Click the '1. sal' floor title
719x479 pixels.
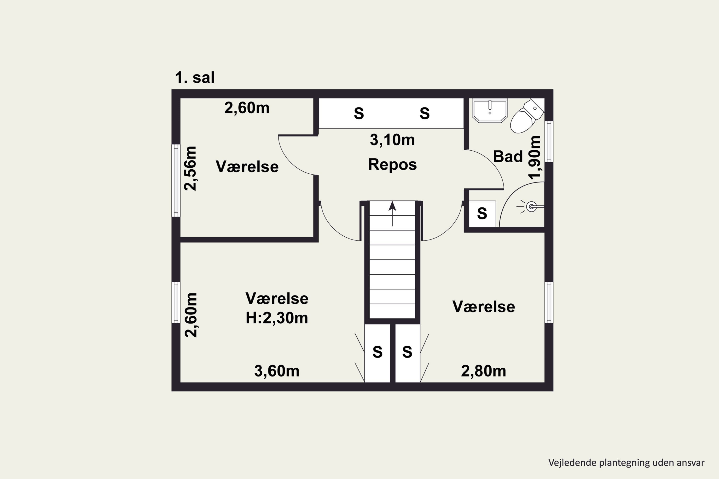pos(195,78)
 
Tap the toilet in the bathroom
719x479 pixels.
pos(526,116)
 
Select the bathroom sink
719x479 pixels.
pos(490,110)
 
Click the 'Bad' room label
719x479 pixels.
pos(508,156)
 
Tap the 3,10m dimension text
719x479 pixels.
pos(392,140)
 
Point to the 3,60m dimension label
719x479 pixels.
pos(277,371)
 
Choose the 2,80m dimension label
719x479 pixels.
pos(483,371)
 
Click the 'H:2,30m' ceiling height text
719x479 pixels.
pos(277,318)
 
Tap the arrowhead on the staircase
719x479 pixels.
pos(392,206)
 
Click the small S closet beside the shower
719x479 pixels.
pos(482,214)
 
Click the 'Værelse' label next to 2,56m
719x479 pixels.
pos(247,167)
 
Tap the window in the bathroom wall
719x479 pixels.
pos(549,142)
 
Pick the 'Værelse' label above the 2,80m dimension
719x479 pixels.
pos(484,307)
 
